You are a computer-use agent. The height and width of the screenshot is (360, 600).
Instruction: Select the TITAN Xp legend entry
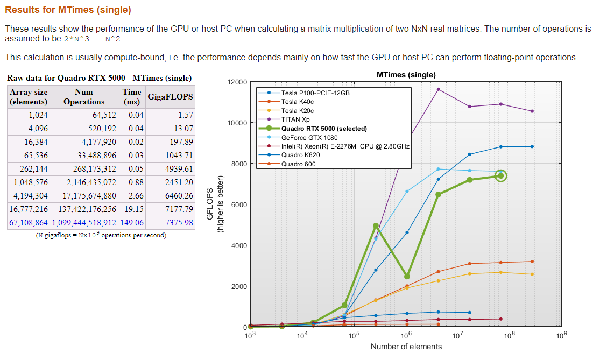pyautogui.click(x=295, y=119)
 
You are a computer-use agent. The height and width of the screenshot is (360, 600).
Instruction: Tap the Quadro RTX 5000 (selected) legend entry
pyautogui.click(x=323, y=129)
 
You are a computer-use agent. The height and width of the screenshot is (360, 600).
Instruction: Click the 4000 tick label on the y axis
pyautogui.click(x=237, y=245)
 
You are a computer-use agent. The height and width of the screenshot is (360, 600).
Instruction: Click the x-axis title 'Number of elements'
pyautogui.click(x=406, y=347)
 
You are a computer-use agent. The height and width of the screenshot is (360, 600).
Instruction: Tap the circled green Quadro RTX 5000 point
pyautogui.click(x=500, y=175)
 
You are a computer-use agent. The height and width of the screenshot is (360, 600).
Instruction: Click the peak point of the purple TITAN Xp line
pyautogui.click(x=439, y=89)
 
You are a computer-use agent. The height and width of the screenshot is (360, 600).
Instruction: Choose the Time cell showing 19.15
pyautogui.click(x=132, y=209)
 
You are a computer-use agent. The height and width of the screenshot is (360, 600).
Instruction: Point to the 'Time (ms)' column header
pyautogui.click(x=132, y=97)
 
